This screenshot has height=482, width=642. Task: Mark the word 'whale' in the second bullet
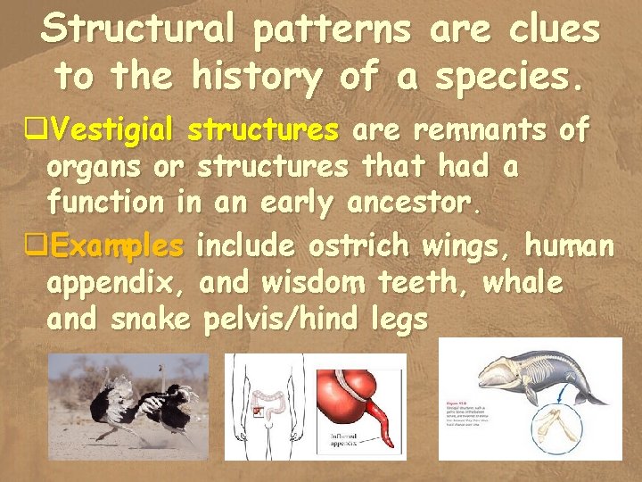coord(523,282)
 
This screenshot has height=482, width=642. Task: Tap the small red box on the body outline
coord(257,411)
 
